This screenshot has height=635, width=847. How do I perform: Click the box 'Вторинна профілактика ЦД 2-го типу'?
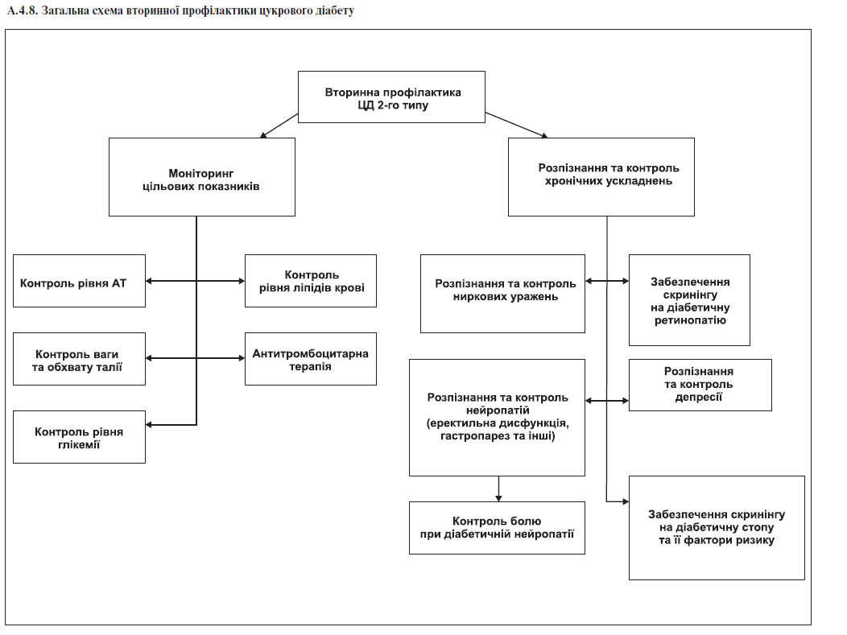(391, 97)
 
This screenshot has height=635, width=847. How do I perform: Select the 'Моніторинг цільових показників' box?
(202, 177)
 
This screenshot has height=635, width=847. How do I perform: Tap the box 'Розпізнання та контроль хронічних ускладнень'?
(601, 177)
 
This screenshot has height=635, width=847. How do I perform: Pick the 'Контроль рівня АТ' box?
(80, 281)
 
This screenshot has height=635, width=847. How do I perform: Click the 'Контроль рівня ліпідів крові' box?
(311, 281)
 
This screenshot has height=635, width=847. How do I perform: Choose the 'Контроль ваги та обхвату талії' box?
(80, 359)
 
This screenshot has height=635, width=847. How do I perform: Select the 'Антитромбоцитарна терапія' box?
(311, 359)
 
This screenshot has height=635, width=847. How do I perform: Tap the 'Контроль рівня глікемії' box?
(80, 437)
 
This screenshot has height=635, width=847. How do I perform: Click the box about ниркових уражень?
(503, 294)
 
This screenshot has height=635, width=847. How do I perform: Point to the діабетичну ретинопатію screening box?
(689, 300)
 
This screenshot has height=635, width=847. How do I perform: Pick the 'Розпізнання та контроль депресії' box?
(700, 385)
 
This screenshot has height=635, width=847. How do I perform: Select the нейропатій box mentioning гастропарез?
(497, 418)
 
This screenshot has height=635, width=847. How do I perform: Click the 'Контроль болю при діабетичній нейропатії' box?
(497, 528)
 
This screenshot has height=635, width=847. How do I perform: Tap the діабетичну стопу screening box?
(717, 528)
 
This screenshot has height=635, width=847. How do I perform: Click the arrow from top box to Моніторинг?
(279, 126)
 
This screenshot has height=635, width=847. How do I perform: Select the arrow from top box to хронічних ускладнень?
(516, 126)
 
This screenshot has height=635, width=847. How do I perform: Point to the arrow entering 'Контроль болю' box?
(498, 489)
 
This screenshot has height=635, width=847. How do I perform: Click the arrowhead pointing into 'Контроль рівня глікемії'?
(149, 425)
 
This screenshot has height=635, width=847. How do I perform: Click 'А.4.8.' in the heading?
(23, 10)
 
